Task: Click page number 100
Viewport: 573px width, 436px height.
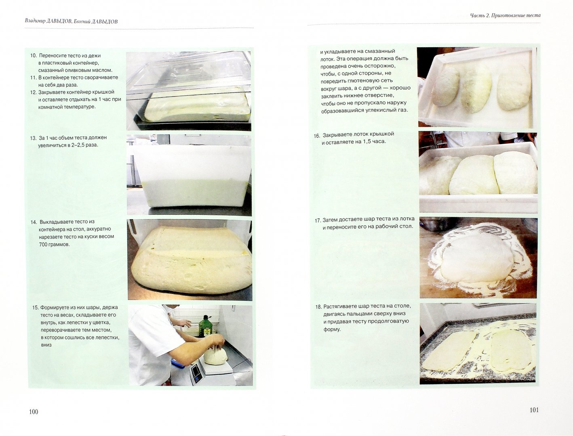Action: (x=34, y=412)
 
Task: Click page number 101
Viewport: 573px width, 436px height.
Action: (x=534, y=410)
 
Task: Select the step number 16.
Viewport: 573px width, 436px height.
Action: (x=317, y=136)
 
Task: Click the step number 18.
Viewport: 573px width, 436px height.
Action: (x=318, y=307)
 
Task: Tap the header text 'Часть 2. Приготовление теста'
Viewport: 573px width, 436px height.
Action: (x=506, y=15)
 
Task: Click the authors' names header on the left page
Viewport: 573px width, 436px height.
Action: (x=71, y=21)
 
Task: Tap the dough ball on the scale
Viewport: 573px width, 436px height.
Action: (x=215, y=356)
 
